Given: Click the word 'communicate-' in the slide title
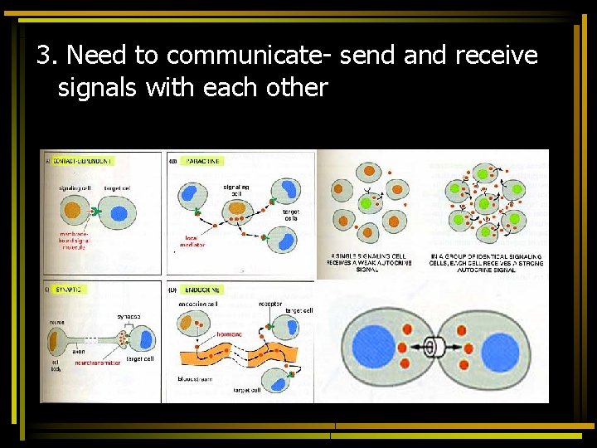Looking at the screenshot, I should tap(249, 56).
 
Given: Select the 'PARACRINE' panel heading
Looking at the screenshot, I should tap(203, 160).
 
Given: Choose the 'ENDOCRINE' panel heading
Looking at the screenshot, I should tap(203, 290).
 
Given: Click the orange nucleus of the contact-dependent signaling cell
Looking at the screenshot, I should tap(74, 211).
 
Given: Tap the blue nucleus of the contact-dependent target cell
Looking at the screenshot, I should tap(118, 213).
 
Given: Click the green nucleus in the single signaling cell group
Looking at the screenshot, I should tap(366, 203).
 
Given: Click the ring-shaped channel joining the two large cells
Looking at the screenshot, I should tap(432, 348).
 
